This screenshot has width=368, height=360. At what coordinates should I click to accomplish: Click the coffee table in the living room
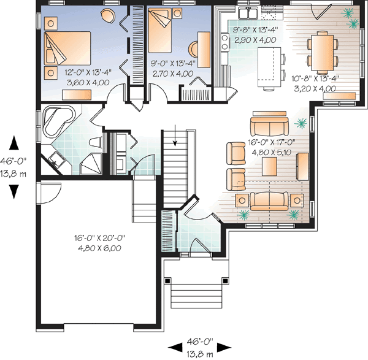coord(267,166)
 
